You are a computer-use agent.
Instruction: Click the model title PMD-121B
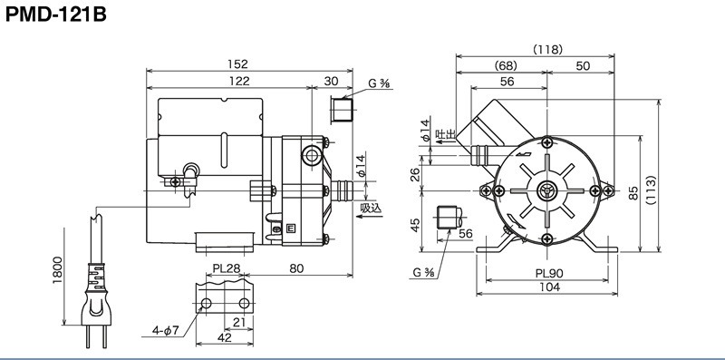point(56,15)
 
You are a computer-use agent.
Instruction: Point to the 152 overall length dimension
point(237,63)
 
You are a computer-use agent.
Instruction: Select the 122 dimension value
point(239,81)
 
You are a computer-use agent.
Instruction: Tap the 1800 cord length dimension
point(57,269)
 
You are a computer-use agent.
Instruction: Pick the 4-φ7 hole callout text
point(166,330)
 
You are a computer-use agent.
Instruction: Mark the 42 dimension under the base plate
point(224,338)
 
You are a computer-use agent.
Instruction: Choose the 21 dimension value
point(239,322)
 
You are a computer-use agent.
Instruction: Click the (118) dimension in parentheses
point(547,50)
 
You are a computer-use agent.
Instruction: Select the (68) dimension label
point(506,65)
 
